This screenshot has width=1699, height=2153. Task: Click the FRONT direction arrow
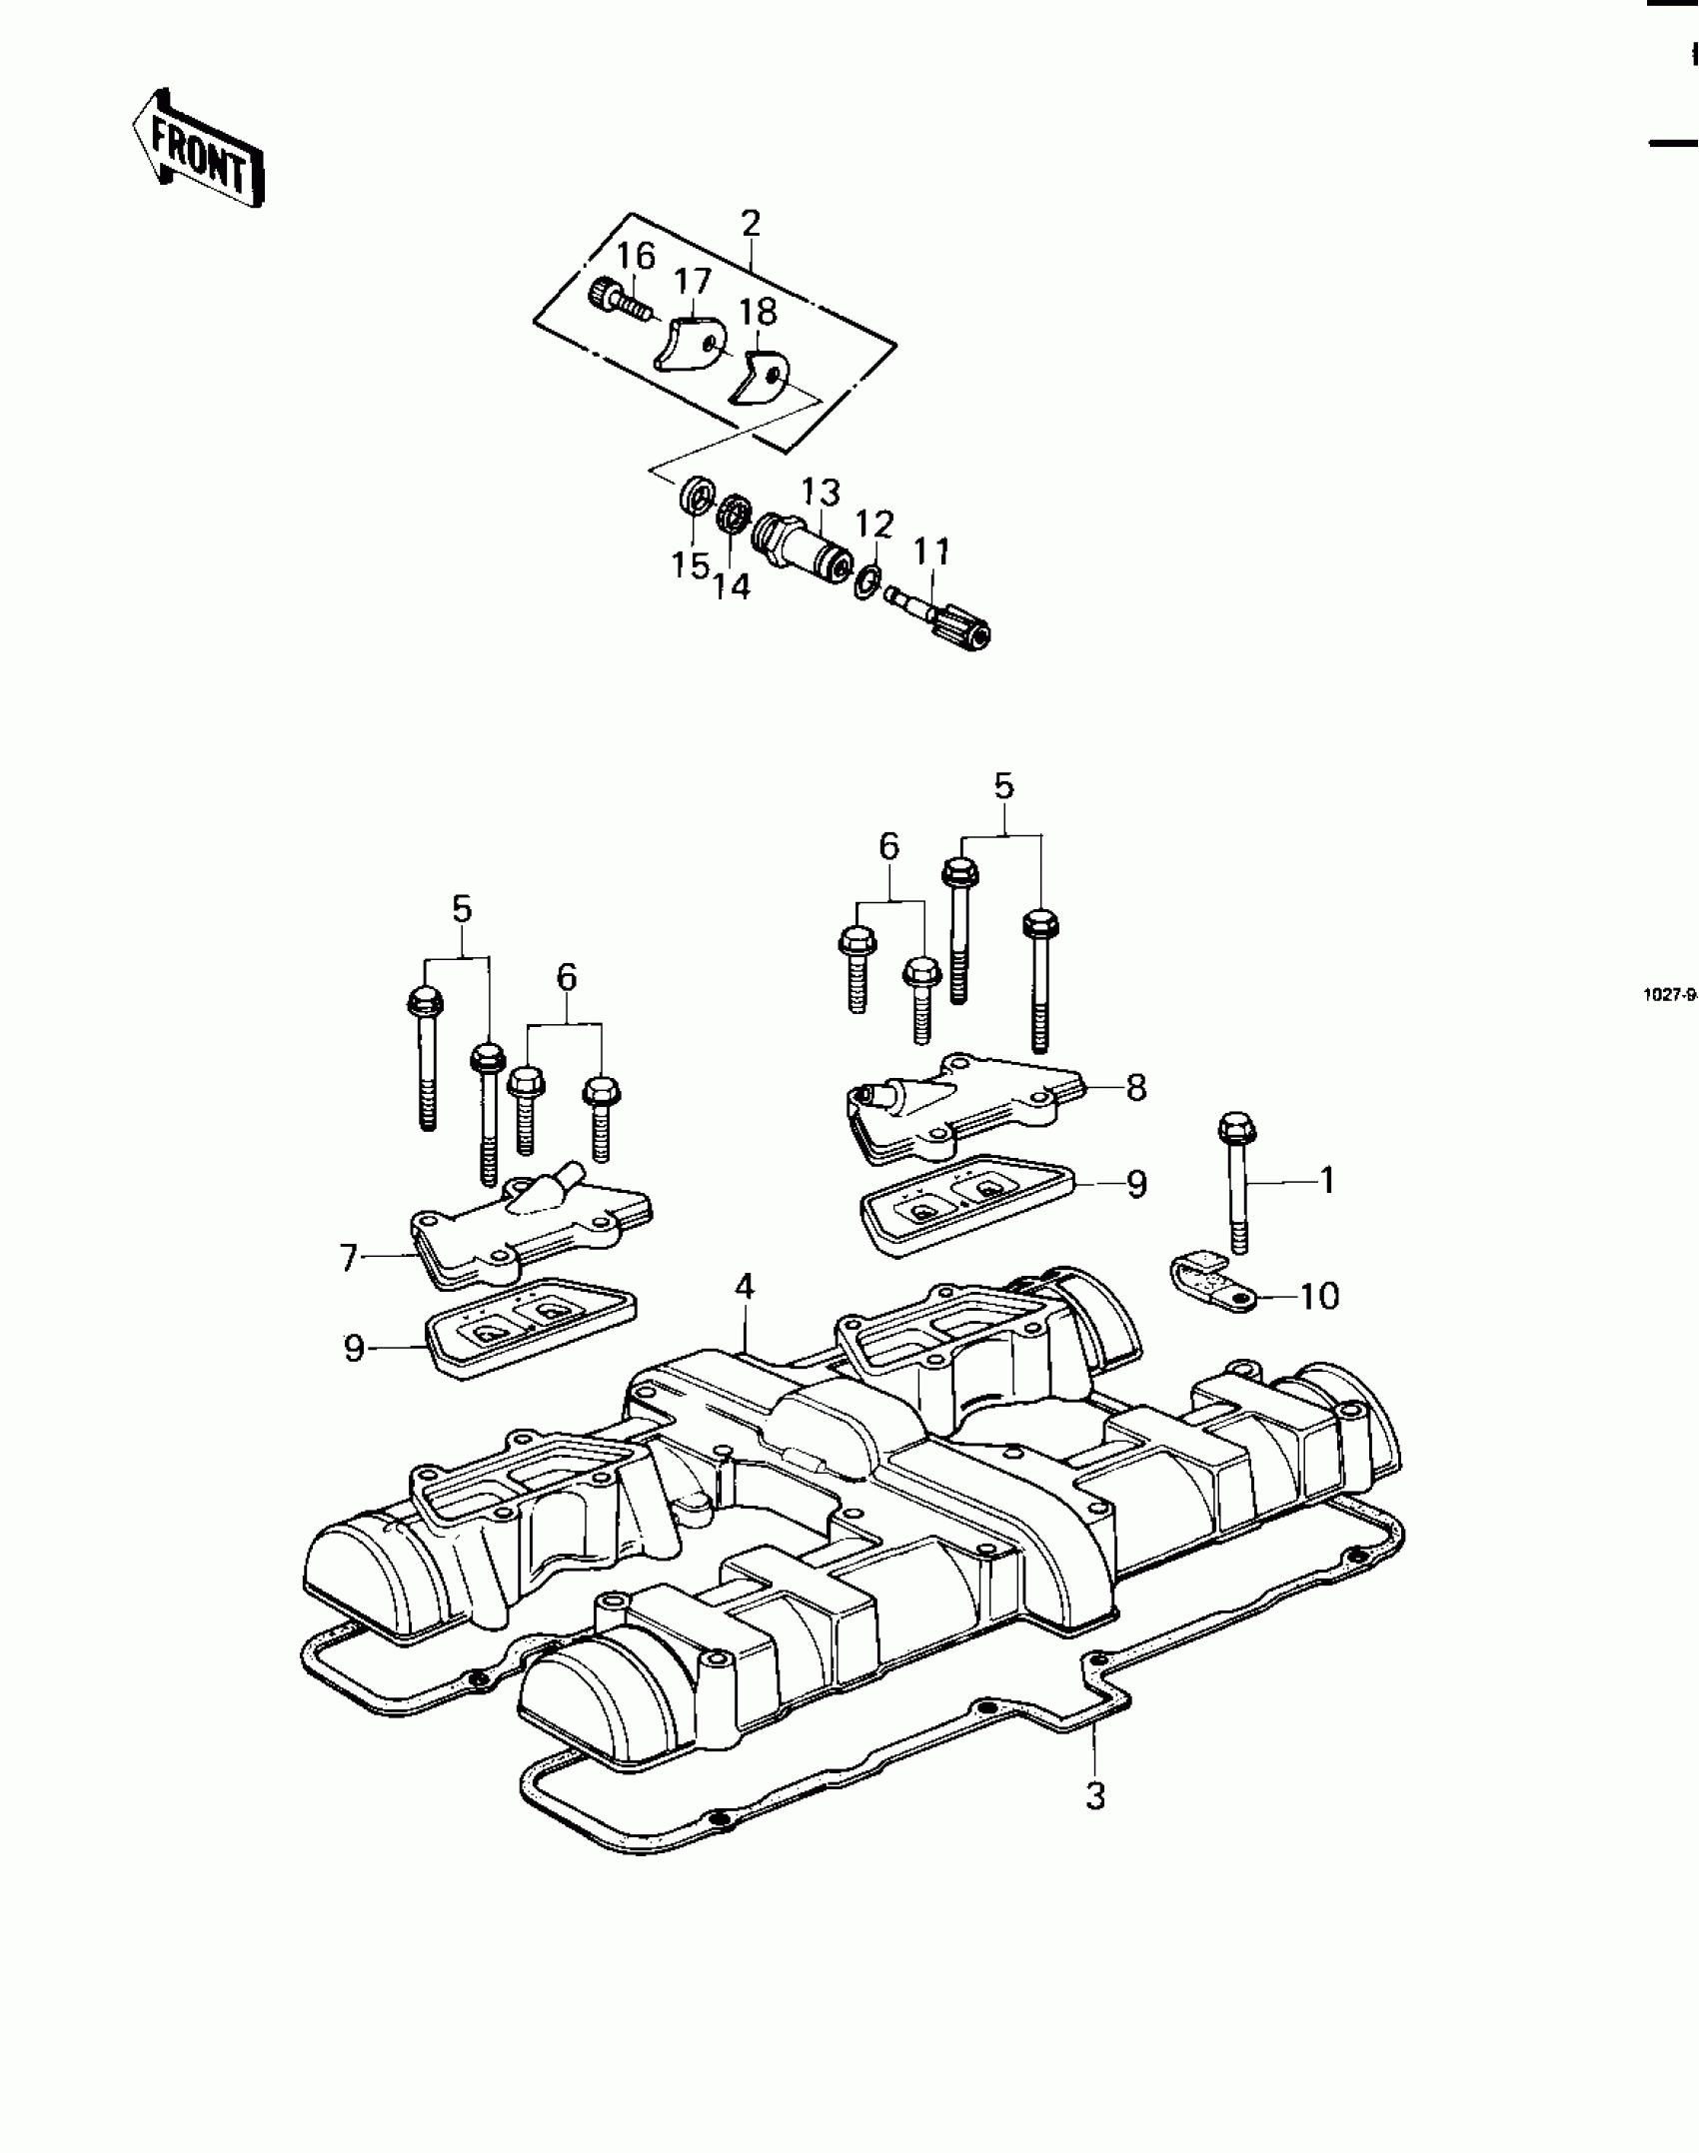pos(199,150)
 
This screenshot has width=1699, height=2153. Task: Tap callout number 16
pos(635,257)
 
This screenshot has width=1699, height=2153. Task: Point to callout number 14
pos(733,586)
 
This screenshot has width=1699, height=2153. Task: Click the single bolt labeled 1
pos(1236,1188)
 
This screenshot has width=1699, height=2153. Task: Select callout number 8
pos(1135,1087)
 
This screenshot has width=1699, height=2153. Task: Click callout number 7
pos(349,1258)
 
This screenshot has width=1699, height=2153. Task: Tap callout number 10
pos(1319,1296)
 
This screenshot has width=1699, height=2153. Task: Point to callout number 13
pos(821,493)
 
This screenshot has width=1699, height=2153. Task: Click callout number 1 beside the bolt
pos(1327,1181)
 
